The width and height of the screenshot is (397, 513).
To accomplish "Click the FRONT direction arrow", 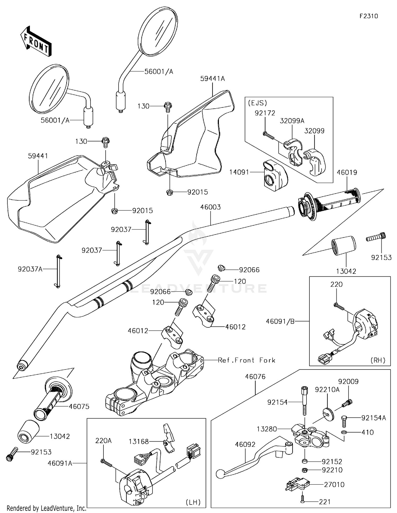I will click(x=36, y=42).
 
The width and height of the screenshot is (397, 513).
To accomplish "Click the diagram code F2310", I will click(x=369, y=16).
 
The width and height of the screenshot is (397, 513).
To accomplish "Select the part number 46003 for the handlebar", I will click(x=210, y=207).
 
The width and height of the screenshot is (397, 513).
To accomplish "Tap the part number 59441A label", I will click(x=213, y=79).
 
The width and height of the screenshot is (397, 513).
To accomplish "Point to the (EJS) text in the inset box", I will click(x=258, y=103).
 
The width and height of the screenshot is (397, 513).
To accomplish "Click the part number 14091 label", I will click(x=239, y=172).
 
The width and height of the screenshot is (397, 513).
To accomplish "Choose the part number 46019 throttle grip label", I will click(x=347, y=172).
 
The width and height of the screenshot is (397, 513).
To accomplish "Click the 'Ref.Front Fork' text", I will click(x=246, y=360).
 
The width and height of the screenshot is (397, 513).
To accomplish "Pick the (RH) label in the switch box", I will click(x=378, y=360).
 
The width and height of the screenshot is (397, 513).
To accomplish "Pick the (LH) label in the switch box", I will click(x=193, y=502).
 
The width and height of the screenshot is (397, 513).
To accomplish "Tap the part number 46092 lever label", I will click(x=245, y=444).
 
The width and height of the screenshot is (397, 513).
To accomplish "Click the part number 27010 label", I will click(x=334, y=485).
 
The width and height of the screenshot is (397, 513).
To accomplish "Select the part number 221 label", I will click(x=325, y=502).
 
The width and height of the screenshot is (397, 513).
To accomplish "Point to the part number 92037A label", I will click(x=30, y=269).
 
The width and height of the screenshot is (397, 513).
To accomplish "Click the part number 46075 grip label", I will click(x=79, y=407).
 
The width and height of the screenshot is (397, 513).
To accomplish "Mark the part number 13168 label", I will click(x=139, y=442).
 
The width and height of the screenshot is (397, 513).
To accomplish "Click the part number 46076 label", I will click(x=255, y=376).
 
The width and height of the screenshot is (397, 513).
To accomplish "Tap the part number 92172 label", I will click(x=265, y=113).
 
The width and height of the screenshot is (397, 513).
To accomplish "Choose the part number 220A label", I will click(x=103, y=441).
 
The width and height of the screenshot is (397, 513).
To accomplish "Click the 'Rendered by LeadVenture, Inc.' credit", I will click(x=47, y=508).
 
